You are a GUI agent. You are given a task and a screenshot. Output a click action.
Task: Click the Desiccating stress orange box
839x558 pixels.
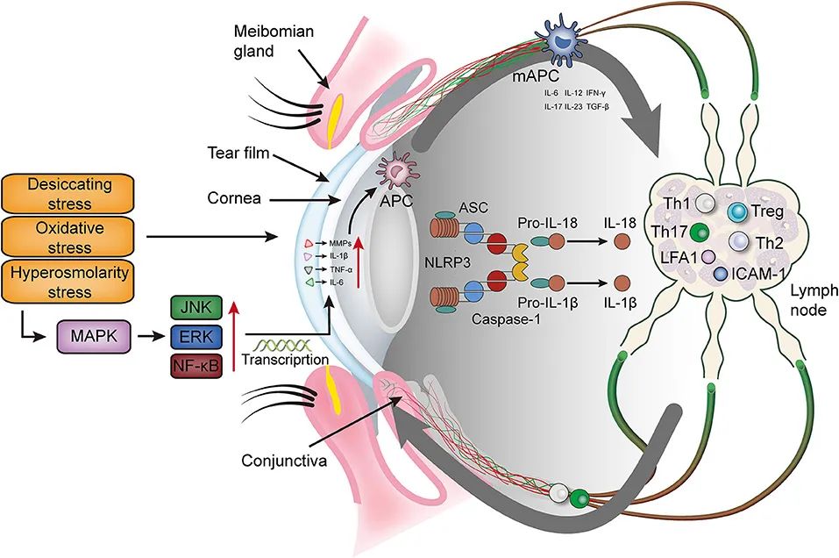tap(68, 193)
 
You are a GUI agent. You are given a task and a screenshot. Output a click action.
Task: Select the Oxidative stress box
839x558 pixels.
tap(68, 237)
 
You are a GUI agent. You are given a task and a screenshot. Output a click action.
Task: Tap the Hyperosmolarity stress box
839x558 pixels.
tap(68, 282)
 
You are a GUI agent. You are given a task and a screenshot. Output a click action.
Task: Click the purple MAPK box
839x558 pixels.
tap(94, 336)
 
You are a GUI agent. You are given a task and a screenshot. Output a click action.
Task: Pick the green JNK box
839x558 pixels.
tap(196, 309)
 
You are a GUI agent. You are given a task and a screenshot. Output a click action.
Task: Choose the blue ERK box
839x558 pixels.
tap(196, 337)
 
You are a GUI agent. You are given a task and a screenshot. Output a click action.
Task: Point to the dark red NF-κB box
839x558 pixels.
tap(196, 366)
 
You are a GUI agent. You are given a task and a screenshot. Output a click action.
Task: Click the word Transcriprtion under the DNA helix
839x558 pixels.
tap(285, 359)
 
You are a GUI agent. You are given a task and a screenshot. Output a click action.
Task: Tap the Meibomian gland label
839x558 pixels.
tap(274, 40)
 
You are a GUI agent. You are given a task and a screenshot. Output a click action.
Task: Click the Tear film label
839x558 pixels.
tap(238, 154)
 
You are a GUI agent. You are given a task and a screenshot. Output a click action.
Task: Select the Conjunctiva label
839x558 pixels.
tap(283, 461)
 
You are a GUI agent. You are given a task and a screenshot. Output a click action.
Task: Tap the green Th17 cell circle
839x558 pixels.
tap(700, 233)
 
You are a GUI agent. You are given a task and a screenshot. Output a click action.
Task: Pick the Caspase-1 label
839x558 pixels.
tap(506, 319)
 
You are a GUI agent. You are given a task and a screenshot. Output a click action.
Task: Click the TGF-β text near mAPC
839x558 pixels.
tap(597, 106)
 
